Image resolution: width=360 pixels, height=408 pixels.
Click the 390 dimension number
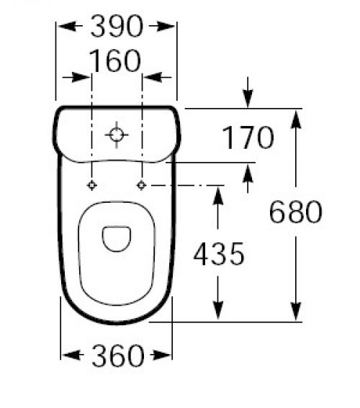point(117,26)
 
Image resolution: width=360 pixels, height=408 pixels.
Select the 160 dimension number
point(115,60)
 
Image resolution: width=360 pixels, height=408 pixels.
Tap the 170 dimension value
point(248,137)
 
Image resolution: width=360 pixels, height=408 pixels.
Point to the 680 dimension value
point(296,212)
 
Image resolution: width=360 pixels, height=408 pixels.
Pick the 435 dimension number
point(219,254)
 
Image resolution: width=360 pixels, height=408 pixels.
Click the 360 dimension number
point(118,355)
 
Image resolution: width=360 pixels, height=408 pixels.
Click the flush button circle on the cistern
point(117,135)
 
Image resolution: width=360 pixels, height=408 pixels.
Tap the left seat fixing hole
point(91,185)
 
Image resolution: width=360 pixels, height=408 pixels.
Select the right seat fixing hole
point(142,185)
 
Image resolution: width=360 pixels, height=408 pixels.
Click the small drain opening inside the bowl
point(117,239)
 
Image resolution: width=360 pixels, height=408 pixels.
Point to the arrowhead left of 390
point(66,26)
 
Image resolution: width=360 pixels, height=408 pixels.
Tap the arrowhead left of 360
point(71,355)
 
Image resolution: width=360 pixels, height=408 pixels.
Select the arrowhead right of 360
point(161,355)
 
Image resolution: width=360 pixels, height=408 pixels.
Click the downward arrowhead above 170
point(248,99)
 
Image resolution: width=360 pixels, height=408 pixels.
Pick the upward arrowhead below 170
point(248,173)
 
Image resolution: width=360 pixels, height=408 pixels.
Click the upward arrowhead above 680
point(296,119)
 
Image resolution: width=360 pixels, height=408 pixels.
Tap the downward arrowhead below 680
point(296,312)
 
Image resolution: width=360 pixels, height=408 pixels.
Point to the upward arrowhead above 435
point(218,196)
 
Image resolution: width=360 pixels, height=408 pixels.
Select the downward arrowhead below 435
point(218,310)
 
